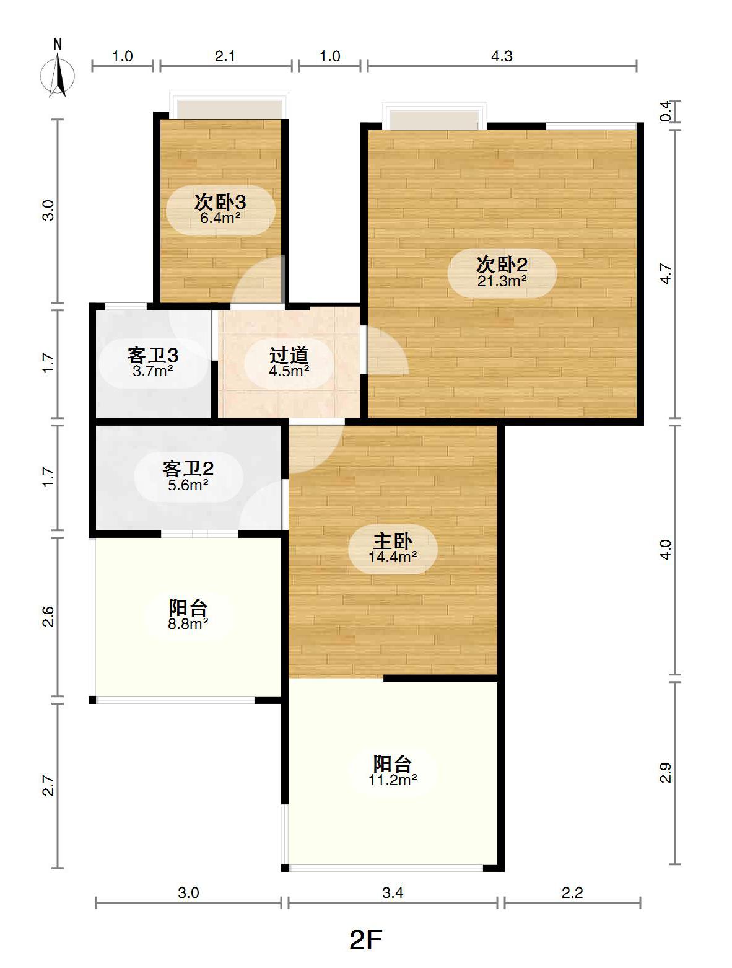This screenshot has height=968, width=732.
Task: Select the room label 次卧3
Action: pos(220,202)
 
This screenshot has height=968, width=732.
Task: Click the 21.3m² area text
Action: pos(502,281)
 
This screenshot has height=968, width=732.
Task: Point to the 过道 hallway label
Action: pos(289,355)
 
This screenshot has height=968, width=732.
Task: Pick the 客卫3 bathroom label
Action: pos(152,355)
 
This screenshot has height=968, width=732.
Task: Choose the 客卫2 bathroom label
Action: pos(188,469)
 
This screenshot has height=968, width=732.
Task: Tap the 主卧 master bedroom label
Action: pos(393,540)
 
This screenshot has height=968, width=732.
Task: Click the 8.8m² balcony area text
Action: pos(188,623)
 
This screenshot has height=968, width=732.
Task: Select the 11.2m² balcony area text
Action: pos(393,780)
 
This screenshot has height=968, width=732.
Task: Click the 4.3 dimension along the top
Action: pos(502,56)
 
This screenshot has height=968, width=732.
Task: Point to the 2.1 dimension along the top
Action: pos(225,56)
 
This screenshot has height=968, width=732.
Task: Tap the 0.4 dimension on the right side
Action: pos(666,112)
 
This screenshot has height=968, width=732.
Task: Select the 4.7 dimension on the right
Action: pos(666,274)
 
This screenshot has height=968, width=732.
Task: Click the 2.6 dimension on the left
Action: pos(48,617)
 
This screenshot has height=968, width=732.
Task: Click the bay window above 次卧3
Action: pos(229,107)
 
